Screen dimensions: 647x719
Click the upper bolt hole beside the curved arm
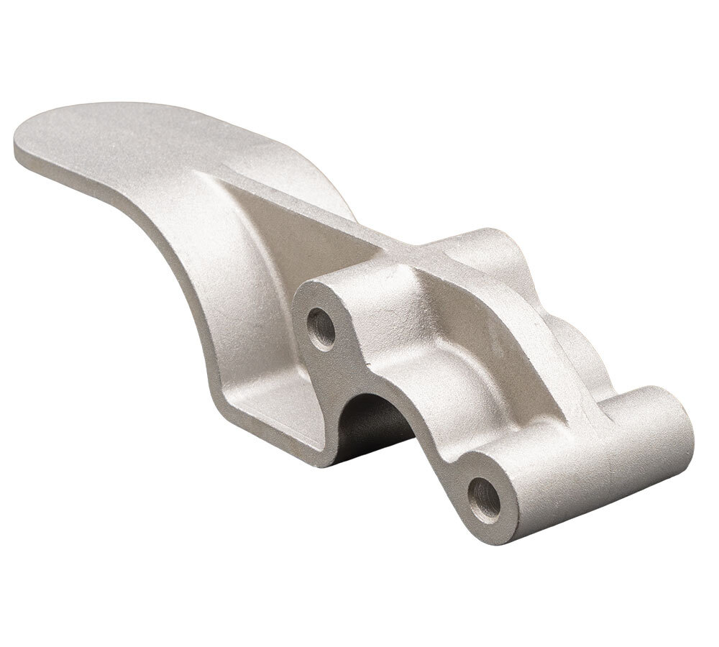pos(321,329)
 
